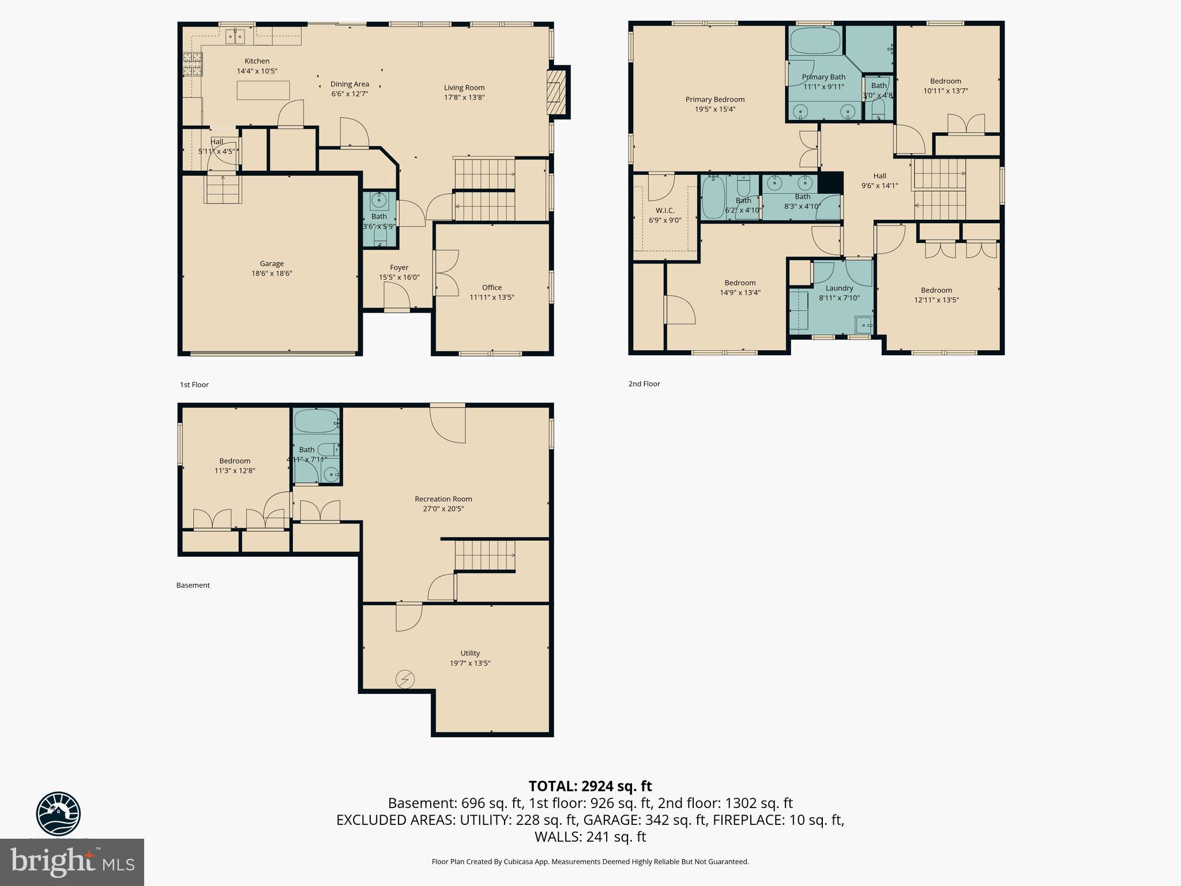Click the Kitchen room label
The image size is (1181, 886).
pyautogui.click(x=257, y=61)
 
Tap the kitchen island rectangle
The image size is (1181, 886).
pyautogui.click(x=263, y=91)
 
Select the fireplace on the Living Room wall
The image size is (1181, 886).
pyautogui.click(x=557, y=92)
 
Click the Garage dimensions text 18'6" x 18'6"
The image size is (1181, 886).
pyautogui.click(x=272, y=273)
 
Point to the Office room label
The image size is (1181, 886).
pyautogui.click(x=491, y=287)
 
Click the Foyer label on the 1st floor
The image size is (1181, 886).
pyautogui.click(x=398, y=268)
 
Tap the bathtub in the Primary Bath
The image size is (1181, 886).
pyautogui.click(x=815, y=42)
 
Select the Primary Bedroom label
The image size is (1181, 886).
pyautogui.click(x=714, y=100)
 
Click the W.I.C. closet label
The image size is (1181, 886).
pyautogui.click(x=664, y=211)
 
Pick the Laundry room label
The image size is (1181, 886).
pyautogui.click(x=838, y=288)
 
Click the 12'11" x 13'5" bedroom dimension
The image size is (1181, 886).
pyautogui.click(x=936, y=300)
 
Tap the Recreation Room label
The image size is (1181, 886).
pyautogui.click(x=443, y=499)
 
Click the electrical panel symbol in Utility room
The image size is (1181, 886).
pyautogui.click(x=404, y=679)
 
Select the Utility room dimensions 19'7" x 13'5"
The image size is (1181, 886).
pyautogui.click(x=469, y=663)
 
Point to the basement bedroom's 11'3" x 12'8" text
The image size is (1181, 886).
pyautogui.click(x=235, y=471)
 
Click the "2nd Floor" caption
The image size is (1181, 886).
pyautogui.click(x=644, y=384)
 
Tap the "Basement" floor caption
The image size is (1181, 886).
pyautogui.click(x=193, y=585)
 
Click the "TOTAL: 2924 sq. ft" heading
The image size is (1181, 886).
pyautogui.click(x=590, y=786)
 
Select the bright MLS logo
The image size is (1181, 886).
pyautogui.click(x=72, y=862)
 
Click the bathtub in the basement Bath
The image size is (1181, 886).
pyautogui.click(x=315, y=421)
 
